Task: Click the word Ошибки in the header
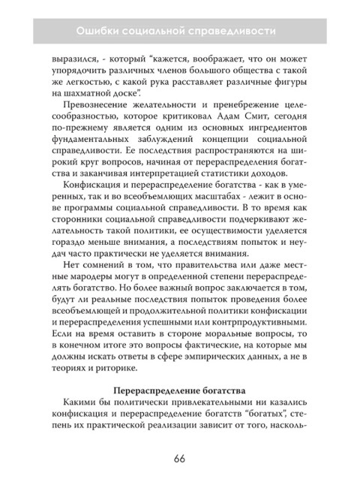(100, 31)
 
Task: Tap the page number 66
(179, 459)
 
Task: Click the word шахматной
(97, 92)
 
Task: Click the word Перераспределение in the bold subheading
(155, 420)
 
